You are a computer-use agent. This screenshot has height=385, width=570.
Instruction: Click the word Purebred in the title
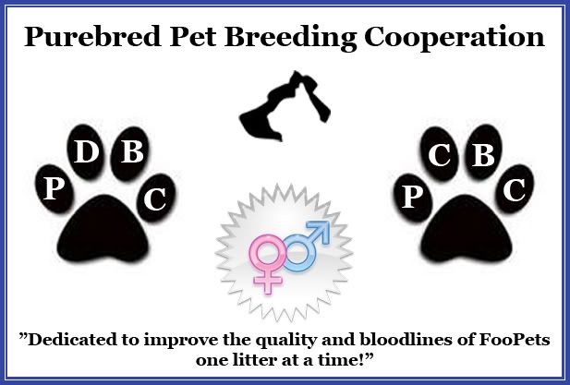click(x=92, y=37)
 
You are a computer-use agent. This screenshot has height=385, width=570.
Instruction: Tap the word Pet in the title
click(x=193, y=37)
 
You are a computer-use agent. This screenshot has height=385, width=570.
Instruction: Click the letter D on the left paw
click(x=86, y=151)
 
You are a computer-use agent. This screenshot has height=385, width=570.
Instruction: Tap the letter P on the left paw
click(x=54, y=189)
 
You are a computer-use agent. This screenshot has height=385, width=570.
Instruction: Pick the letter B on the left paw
click(x=132, y=151)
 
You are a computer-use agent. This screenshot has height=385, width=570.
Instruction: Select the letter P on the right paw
click(x=412, y=198)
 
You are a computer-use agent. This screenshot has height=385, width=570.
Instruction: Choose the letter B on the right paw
click(x=483, y=155)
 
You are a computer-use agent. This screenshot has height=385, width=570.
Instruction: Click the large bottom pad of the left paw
click(x=103, y=230)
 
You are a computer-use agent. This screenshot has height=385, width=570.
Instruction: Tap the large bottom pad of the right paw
click(x=467, y=230)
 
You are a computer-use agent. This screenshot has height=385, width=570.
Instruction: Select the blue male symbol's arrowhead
click(x=320, y=230)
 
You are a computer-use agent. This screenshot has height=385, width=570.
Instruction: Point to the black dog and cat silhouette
click(x=285, y=106)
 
